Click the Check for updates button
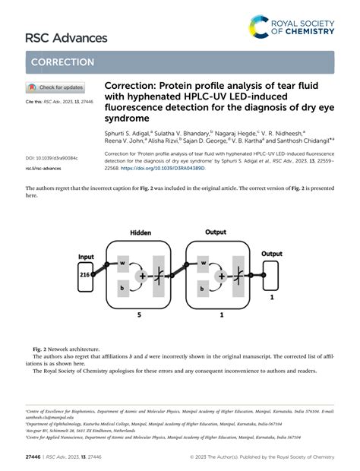point(55,87)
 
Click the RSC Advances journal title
point(55,37)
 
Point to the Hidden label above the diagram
point(141,232)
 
